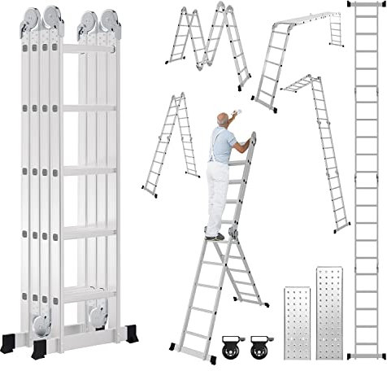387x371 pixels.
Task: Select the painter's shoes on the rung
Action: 216,236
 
